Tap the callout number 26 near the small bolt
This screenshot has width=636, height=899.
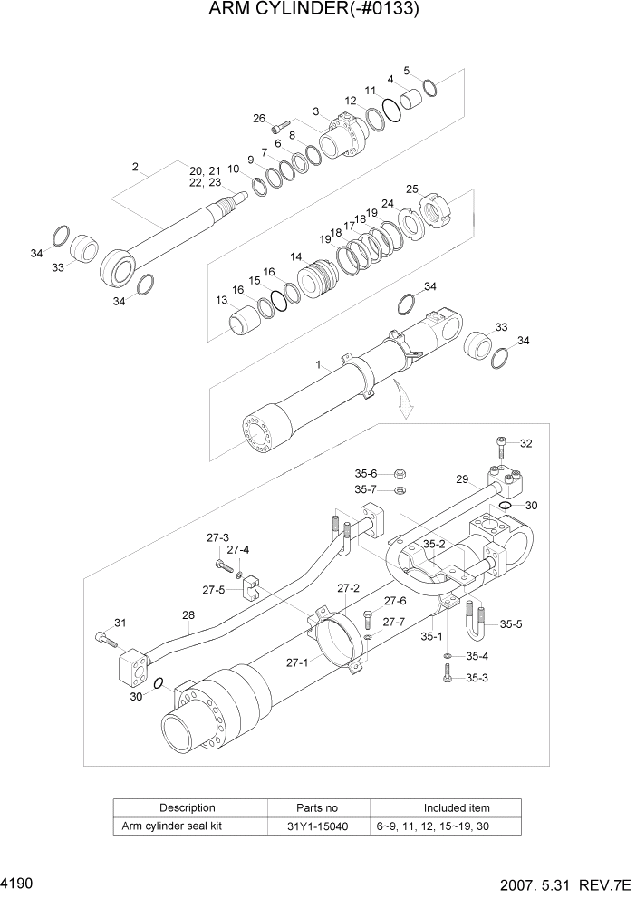[259, 119]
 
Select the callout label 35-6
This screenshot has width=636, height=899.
[365, 472]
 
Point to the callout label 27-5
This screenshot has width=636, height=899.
[214, 590]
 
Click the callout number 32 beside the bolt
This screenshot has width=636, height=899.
[526, 443]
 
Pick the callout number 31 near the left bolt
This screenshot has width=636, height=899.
[119, 622]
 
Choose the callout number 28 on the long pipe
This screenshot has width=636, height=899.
[188, 615]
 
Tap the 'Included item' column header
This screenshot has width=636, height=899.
[457, 807]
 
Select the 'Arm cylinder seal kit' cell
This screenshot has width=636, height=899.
[172, 826]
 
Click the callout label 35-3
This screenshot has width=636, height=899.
[477, 677]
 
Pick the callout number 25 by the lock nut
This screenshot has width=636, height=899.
[412, 189]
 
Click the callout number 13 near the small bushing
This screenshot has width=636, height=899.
[222, 300]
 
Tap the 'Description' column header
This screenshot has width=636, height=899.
[188, 807]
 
